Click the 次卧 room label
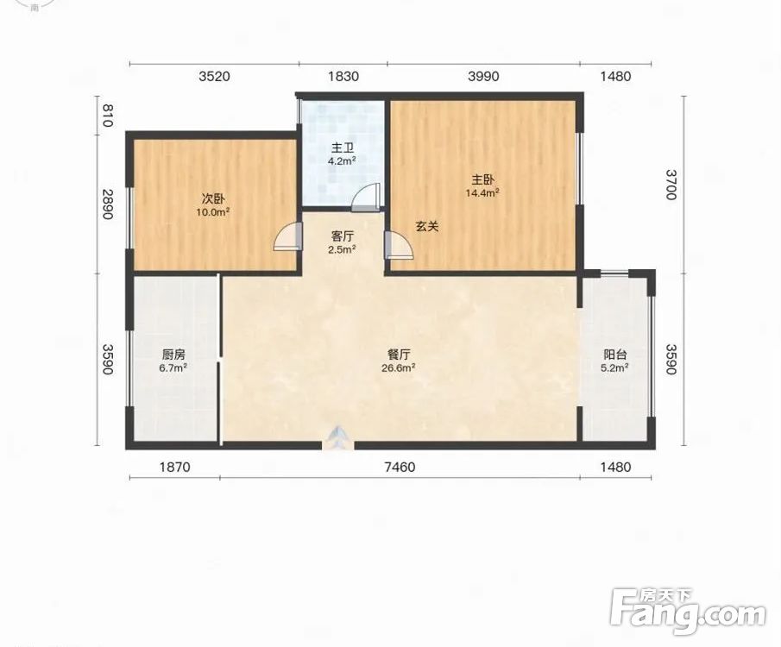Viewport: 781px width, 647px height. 212,198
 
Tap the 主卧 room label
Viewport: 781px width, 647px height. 482,179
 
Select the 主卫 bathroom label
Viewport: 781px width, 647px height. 343,148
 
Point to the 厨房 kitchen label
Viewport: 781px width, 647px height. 173,355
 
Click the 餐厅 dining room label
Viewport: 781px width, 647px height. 399,355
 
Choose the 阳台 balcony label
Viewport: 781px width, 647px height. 615,355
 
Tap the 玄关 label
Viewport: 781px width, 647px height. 427,227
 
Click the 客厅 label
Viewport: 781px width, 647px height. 343,236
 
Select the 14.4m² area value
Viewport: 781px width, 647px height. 482,192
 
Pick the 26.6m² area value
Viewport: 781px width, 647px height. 399,368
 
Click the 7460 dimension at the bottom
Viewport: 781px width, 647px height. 400,468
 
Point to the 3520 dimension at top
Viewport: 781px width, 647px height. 214,76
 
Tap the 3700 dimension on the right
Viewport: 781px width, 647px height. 671,185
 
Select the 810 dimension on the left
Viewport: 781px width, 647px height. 108,115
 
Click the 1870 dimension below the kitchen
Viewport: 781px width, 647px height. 174,468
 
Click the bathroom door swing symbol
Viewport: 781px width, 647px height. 366,197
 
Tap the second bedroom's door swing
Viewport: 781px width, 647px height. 288,236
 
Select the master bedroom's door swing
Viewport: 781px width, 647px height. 399,245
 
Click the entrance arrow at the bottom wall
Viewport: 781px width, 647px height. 337,438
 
